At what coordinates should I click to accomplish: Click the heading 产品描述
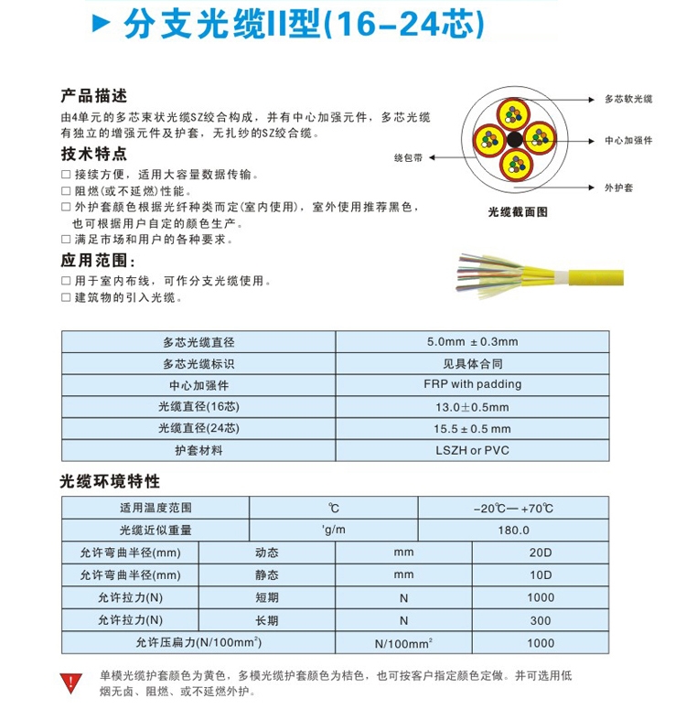pos(93,95)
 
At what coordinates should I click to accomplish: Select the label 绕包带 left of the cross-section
pos(408,156)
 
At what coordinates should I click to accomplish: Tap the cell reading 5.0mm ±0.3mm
pos(472,342)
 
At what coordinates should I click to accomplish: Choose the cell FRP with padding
pos(472,384)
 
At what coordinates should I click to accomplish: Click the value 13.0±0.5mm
pos(472,406)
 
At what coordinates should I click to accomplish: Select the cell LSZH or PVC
pos(472,450)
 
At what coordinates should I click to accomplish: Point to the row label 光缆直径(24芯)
pos(198,428)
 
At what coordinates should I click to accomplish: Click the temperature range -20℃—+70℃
pos(514,507)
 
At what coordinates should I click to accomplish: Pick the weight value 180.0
pos(514,530)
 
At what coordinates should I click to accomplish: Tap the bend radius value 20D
pos(541,553)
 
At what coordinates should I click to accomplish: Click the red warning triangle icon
pos(70,681)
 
